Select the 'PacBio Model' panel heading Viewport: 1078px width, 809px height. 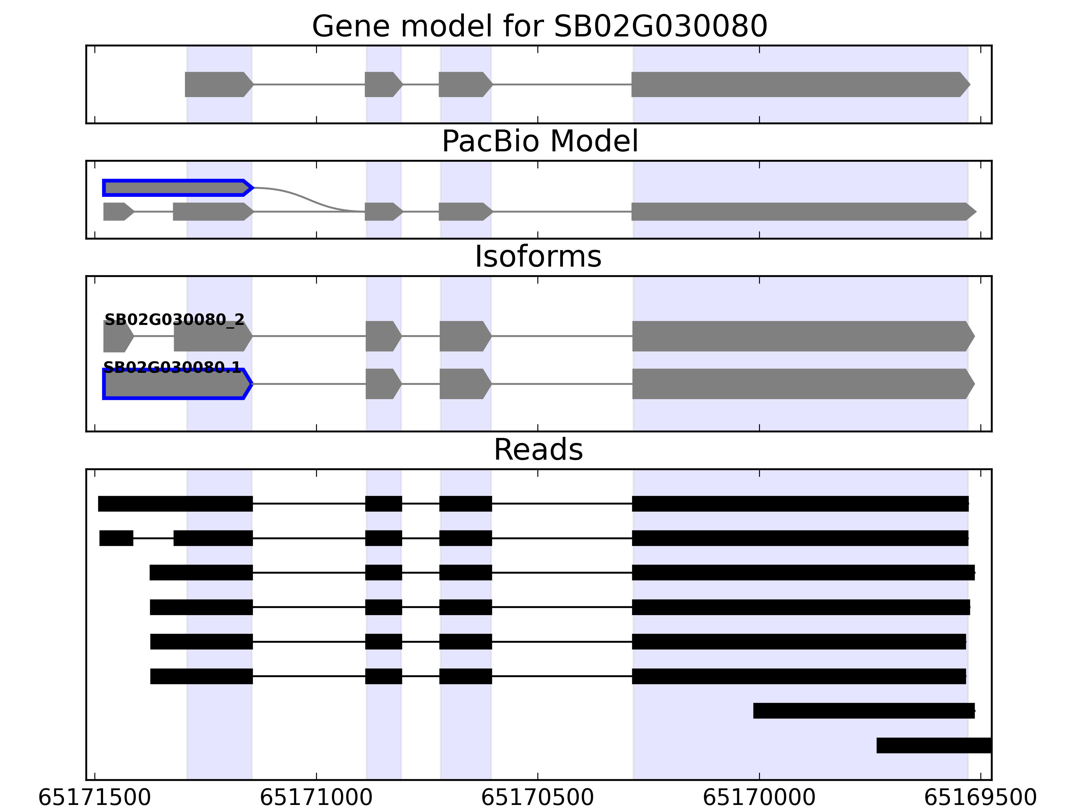coord(539,142)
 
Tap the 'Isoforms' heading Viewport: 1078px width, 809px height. coord(538,257)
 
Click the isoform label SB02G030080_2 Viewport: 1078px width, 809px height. coord(175,320)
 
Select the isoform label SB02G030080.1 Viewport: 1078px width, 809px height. coord(172,367)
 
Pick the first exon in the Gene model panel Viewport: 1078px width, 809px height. coord(218,84)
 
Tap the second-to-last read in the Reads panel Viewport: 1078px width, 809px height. coord(863,711)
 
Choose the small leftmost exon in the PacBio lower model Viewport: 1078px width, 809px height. coord(117,212)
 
